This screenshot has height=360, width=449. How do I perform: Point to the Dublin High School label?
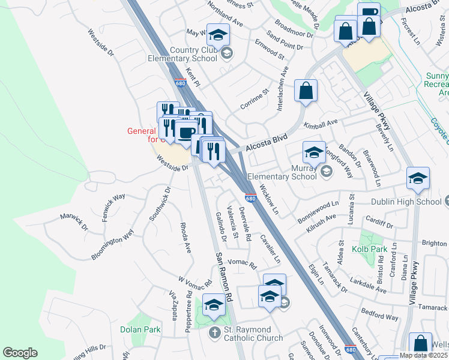[406, 202]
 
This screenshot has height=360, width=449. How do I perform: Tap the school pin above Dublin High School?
[418, 179]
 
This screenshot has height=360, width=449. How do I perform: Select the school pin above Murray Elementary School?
[314, 154]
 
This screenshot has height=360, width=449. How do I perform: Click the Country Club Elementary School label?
[184, 55]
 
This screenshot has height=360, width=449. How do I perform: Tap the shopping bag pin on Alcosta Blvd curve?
[306, 91]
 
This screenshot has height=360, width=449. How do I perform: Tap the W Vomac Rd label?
[196, 281]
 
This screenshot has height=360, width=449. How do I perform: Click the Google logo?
[20, 353]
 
